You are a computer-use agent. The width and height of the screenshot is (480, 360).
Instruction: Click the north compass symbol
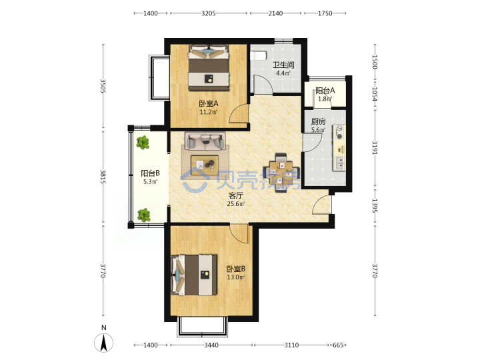coord(104,342)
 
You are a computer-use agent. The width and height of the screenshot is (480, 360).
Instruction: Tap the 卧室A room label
coord(209,104)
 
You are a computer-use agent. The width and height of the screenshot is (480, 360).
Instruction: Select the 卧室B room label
coord(236,269)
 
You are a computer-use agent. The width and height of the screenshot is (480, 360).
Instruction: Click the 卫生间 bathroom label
coord(283,65)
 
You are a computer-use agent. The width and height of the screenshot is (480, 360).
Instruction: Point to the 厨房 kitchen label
coord(319,121)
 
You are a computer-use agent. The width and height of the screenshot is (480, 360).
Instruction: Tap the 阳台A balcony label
coord(325,91)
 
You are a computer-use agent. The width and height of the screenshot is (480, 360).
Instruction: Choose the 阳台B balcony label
coord(150,173)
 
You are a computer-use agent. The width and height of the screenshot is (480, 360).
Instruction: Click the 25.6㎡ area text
coord(236,203)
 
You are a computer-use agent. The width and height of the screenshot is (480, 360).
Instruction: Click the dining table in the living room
coord(281,173)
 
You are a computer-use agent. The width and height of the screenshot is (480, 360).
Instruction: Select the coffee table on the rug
coord(205,165)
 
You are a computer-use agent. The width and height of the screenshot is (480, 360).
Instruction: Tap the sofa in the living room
coord(205,141)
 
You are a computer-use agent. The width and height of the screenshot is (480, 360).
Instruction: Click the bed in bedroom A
coord(209,67)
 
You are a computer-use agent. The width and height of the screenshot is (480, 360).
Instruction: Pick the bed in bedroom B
coord(194,275)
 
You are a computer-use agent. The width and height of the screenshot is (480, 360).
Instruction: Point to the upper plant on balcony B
coord(143,143)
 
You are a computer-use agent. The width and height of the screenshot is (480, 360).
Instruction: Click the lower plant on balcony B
coord(143,215)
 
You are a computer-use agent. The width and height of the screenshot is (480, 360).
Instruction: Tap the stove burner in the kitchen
coord(339,132)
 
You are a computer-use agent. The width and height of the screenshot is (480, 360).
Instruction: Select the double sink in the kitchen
coord(339,163)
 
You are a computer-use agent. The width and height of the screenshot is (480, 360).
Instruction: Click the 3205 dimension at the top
coord(209,13)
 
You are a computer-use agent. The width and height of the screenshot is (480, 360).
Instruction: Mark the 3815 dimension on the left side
coord(103,176)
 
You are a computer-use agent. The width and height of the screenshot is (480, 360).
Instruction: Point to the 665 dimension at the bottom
coord(337,345)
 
